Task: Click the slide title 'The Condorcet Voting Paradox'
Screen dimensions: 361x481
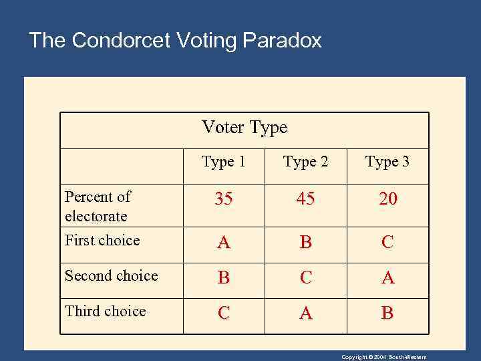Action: (x=175, y=41)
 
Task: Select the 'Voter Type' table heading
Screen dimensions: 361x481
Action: (x=245, y=127)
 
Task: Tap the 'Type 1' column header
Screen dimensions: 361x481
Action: (x=224, y=162)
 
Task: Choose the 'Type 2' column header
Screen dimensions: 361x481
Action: (x=305, y=162)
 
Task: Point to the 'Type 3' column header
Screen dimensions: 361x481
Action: (x=387, y=162)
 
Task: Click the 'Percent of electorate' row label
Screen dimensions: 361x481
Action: (x=97, y=206)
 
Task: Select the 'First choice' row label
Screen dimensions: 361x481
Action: (x=102, y=241)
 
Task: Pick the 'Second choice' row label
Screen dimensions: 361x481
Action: (x=111, y=276)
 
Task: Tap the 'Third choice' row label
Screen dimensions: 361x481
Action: (x=105, y=312)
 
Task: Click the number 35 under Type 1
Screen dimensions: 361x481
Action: (x=224, y=199)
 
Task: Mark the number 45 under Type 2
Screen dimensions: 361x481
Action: (x=305, y=199)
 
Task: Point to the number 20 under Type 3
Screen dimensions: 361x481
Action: (x=387, y=199)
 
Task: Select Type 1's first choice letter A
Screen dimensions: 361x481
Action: (x=224, y=243)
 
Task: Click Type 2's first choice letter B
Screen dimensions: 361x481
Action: (x=305, y=243)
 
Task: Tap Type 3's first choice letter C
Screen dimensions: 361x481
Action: (x=387, y=243)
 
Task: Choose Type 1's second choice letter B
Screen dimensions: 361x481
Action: (x=224, y=278)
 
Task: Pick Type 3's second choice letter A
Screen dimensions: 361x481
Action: (x=387, y=278)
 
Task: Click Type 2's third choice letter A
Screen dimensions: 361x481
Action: (x=305, y=314)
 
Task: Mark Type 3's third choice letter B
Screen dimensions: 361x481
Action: (x=387, y=314)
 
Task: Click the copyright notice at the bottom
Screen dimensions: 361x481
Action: (x=383, y=357)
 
